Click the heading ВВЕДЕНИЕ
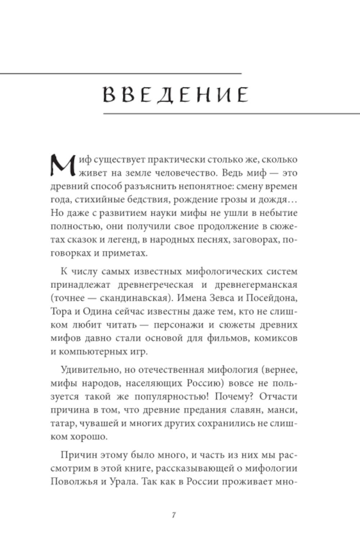point(176,95)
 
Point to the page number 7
point(174,515)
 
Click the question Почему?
point(230,397)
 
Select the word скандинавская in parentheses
point(144,298)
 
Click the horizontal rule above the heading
point(121,74)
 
